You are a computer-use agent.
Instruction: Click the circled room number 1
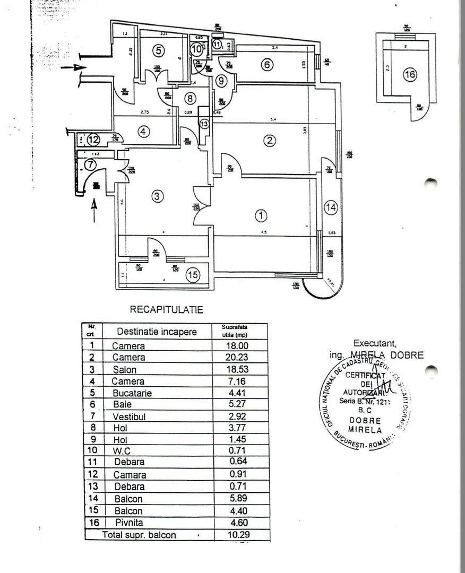(261, 215)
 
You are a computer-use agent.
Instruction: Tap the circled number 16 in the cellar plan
(409, 75)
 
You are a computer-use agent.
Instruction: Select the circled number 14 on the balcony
(331, 208)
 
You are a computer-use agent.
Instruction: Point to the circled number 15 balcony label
(193, 275)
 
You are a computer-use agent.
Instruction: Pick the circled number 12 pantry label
(93, 140)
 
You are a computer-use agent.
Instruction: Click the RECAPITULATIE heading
(166, 310)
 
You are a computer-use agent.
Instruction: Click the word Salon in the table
(125, 370)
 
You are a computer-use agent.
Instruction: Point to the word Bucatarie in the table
(132, 394)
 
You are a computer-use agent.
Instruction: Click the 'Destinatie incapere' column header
(157, 332)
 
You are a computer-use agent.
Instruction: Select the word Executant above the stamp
(374, 343)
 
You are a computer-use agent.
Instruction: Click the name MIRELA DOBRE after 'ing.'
(387, 355)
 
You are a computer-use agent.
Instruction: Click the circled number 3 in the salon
(156, 196)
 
